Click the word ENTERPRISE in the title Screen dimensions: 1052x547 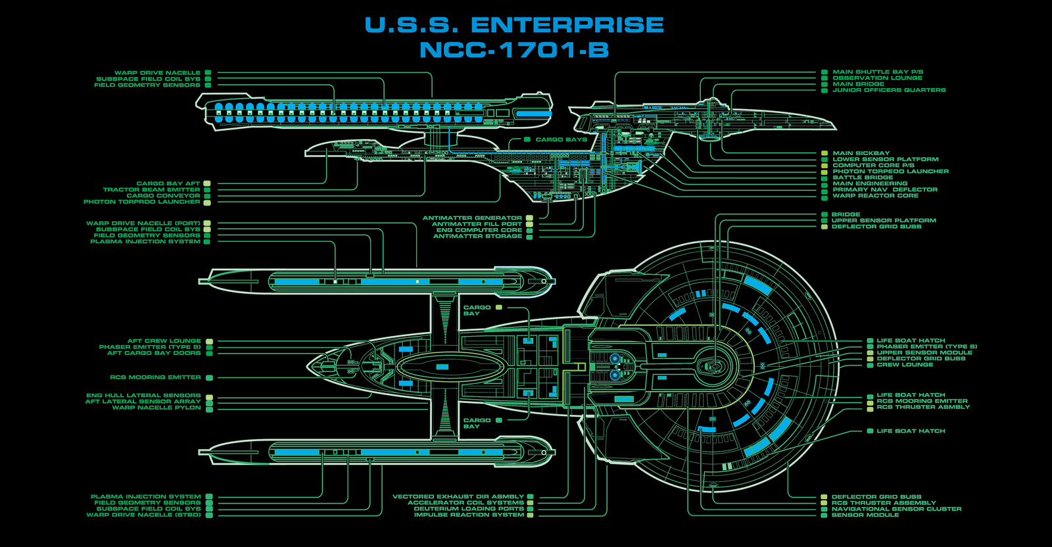pos(567,25)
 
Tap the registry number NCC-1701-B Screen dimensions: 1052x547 pos(514,50)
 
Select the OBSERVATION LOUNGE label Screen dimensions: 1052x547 pos(877,78)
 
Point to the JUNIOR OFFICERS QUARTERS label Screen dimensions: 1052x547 pos(889,90)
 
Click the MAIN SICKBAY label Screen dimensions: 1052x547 pos(861,153)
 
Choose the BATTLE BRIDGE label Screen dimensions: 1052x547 pos(863,178)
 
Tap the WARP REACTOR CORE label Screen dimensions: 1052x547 pos(875,196)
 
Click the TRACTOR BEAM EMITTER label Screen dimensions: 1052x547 pos(152,190)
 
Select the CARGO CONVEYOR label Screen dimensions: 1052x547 pos(164,196)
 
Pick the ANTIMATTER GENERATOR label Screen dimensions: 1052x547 pos(473,218)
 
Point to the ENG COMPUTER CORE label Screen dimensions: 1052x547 pos(479,230)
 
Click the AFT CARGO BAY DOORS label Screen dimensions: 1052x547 pos(154,353)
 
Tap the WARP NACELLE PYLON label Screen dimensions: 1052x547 pos(156,408)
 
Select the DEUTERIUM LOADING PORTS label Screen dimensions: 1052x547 pos(469,509)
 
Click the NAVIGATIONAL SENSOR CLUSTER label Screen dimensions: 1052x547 pos(897,509)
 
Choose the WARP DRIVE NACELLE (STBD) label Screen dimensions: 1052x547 pos(144,515)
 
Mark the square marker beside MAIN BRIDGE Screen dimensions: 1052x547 pos(825,85)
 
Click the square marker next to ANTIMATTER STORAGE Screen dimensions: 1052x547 pos(530,237)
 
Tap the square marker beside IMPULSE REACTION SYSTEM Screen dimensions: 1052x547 pos(530,515)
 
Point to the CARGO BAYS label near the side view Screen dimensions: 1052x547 pos(562,140)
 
